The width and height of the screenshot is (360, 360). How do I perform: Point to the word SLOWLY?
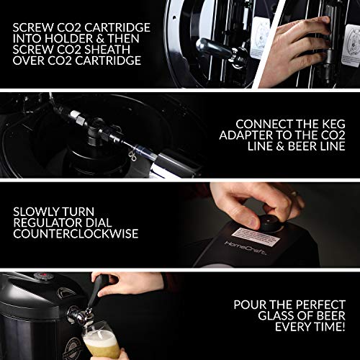click(x=43, y=212)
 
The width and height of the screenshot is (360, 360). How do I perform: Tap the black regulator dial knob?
click(x=271, y=220)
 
